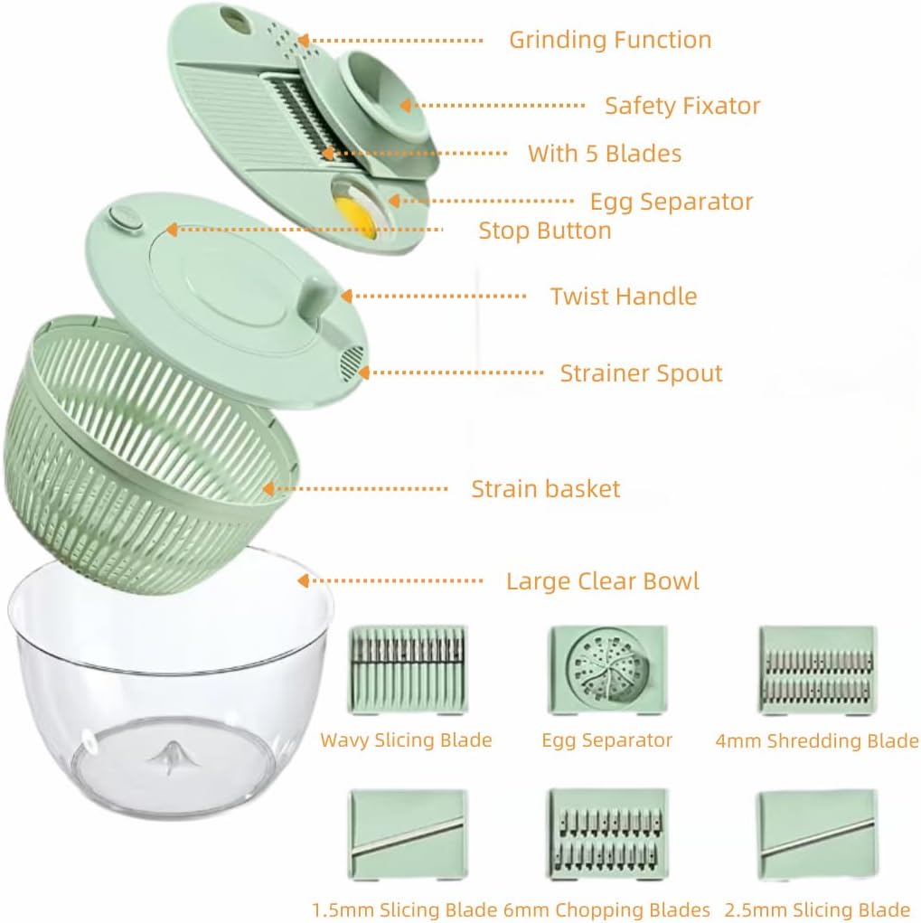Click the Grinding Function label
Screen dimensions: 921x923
(610, 41)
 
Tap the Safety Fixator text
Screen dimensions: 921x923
(682, 106)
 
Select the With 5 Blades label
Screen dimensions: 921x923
(605, 154)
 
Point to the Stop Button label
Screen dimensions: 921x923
(545, 231)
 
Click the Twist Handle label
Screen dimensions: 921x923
(624, 297)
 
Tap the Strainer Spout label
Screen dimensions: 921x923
(641, 373)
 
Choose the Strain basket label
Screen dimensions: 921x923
(545, 490)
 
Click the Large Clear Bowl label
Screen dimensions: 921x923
(602, 581)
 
